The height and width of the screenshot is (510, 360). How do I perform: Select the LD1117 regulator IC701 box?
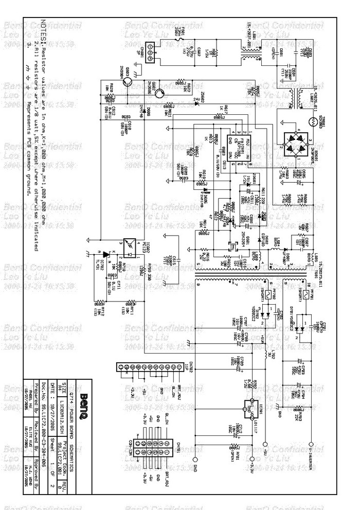point(253,403)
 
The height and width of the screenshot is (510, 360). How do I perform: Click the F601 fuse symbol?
point(177,37)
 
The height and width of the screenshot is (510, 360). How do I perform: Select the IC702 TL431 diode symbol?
point(106,254)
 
